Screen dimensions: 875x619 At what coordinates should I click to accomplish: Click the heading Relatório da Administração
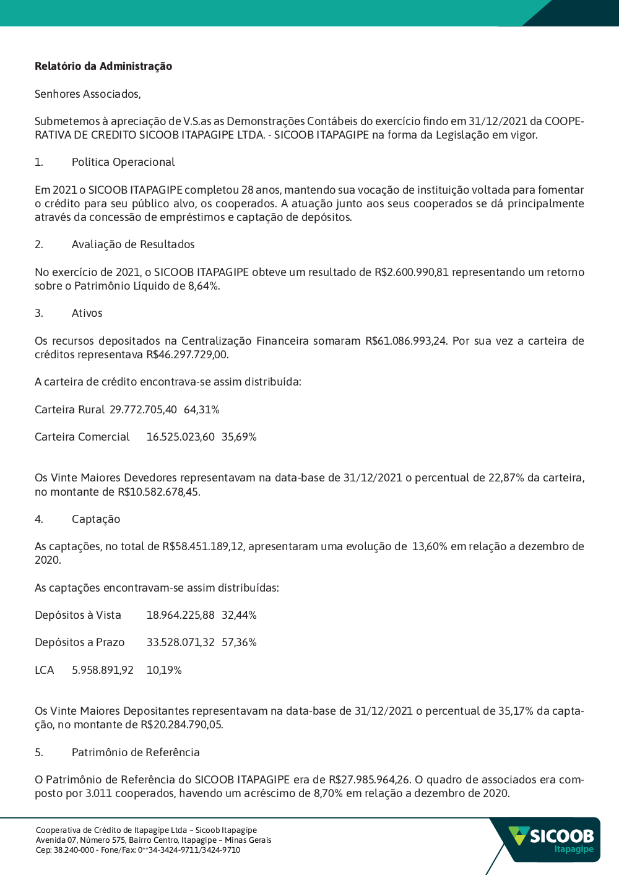click(x=103, y=66)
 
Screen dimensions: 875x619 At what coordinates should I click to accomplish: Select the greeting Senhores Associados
click(x=87, y=94)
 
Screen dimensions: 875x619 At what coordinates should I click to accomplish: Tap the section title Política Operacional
click(x=123, y=162)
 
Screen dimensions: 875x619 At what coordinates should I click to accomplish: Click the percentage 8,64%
click(x=204, y=286)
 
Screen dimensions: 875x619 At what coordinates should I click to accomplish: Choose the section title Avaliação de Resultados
click(x=133, y=244)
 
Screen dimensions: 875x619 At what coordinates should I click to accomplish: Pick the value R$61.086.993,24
click(x=405, y=341)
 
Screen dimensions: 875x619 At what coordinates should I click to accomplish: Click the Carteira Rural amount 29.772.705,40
click(x=143, y=410)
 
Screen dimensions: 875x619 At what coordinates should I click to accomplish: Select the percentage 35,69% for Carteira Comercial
click(x=239, y=437)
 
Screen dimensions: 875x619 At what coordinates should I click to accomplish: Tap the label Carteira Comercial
click(x=82, y=437)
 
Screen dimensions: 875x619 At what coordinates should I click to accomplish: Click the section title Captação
click(x=96, y=519)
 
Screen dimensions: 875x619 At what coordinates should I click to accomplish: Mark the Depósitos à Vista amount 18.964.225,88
click(x=180, y=615)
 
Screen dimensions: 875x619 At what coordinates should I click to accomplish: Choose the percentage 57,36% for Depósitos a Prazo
click(x=239, y=642)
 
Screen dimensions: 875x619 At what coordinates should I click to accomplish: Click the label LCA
click(x=45, y=670)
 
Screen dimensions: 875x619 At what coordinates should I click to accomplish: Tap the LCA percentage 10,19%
click(x=164, y=670)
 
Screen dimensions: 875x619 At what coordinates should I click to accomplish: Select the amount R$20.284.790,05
click(x=181, y=725)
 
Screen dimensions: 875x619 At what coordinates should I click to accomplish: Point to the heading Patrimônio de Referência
click(x=136, y=752)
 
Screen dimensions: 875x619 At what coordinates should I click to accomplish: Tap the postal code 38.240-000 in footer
click(x=74, y=850)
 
